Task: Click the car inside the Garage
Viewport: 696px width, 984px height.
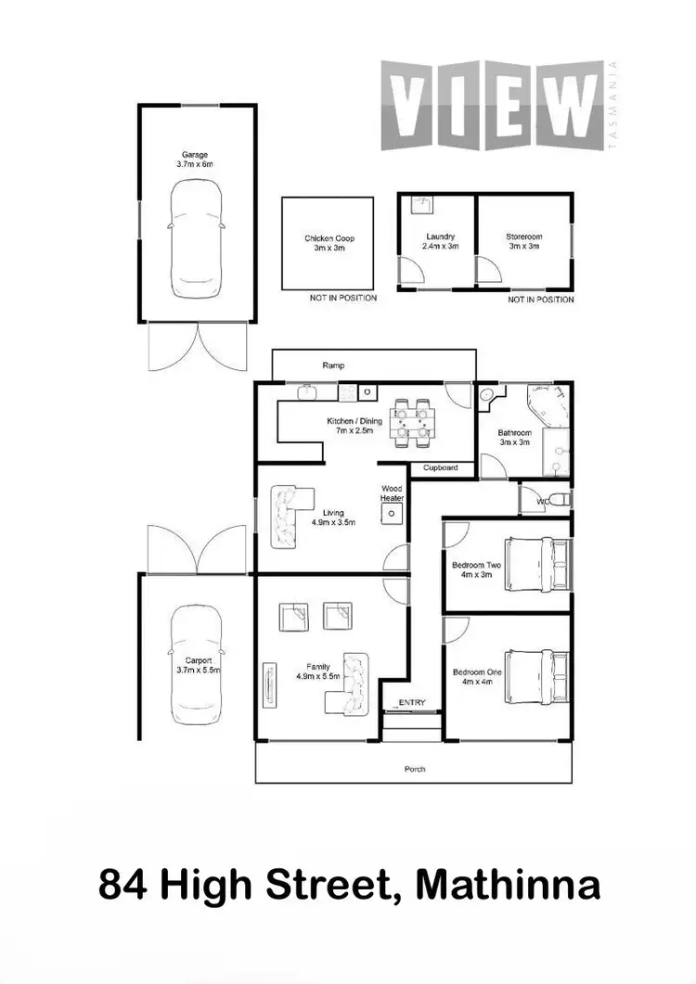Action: coord(195,239)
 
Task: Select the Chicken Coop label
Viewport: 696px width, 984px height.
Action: coord(329,243)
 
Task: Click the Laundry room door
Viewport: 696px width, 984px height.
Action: coord(410,270)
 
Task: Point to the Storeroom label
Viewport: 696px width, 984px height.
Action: coord(523,242)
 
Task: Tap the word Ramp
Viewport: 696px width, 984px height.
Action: coord(333,365)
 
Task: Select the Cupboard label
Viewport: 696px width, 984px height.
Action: coord(440,467)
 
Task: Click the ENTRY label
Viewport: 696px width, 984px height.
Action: coord(411,702)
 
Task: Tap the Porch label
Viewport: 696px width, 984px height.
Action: coord(415,769)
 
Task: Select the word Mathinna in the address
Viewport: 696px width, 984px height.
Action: coord(508,884)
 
